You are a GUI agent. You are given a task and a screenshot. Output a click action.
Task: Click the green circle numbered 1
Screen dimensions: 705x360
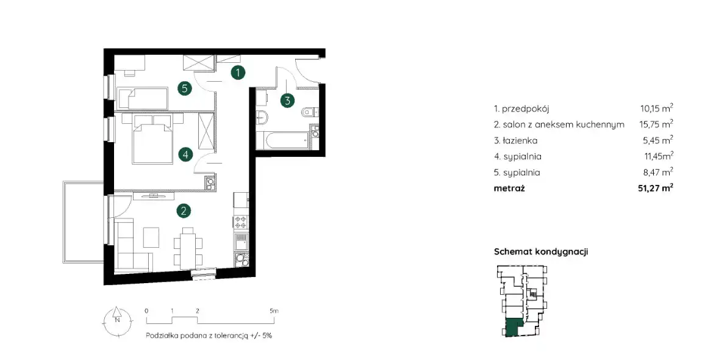(238, 71)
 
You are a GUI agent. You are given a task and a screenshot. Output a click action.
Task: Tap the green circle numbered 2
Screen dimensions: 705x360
(184, 210)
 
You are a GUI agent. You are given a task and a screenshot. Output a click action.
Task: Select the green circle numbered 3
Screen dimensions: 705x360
(288, 100)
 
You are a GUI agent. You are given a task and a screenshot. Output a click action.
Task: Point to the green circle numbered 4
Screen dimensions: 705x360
(185, 155)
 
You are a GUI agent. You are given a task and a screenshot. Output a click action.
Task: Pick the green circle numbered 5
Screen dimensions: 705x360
(184, 88)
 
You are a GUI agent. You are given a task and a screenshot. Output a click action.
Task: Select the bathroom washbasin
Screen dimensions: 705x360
(261, 117)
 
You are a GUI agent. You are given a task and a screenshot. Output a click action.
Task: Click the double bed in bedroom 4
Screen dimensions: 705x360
(152, 139)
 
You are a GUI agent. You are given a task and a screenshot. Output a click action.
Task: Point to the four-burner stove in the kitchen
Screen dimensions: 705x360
(240, 222)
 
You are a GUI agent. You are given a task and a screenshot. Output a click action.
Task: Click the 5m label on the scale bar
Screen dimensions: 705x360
(274, 311)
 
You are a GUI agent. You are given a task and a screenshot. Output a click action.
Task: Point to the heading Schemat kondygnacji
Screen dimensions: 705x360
(541, 251)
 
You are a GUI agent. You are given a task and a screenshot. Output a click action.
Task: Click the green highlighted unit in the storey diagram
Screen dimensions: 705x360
(512, 327)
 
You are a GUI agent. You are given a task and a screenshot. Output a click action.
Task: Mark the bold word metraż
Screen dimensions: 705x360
(509, 188)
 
